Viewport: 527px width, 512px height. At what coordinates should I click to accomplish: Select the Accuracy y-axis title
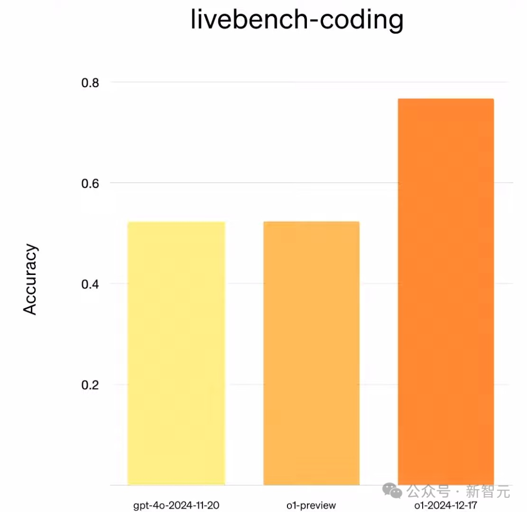pos(30,279)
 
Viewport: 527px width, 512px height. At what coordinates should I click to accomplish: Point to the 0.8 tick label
pos(90,82)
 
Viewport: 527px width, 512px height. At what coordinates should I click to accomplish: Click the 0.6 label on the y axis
pos(90,183)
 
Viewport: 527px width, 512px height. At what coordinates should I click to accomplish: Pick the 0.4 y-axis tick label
pos(90,284)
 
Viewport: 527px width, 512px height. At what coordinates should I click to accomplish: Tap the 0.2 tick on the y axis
pos(90,385)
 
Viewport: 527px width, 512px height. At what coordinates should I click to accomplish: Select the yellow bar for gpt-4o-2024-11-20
pos(176,353)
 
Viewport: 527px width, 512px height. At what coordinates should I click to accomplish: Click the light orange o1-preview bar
pos(311,353)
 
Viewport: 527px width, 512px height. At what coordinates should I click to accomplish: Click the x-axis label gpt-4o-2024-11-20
pos(180,505)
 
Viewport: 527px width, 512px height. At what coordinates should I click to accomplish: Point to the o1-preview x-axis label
pos(311,505)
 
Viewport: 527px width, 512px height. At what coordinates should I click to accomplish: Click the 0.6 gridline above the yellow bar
pos(176,183)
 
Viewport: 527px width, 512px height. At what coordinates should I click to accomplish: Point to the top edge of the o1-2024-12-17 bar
pos(446,99)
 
